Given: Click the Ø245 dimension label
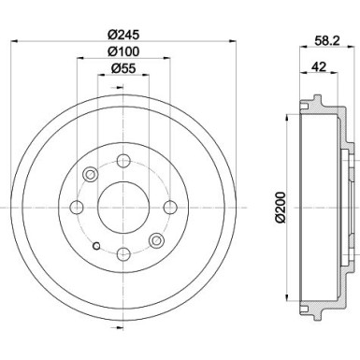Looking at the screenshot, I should [x=122, y=36].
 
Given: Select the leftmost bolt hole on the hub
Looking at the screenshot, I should [x=78, y=206].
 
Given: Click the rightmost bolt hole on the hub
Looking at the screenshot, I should [x=169, y=206].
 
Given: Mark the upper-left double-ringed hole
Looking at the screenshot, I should [x=91, y=174].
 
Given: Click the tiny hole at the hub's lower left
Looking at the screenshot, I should [x=96, y=247].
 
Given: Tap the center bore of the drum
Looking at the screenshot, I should [x=123, y=205].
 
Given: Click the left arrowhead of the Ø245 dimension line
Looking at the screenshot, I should [x=12, y=43].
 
